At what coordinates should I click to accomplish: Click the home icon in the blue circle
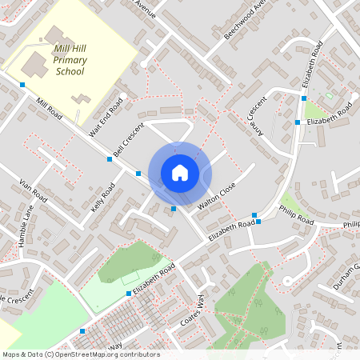click(180, 173)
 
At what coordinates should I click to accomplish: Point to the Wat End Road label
click(106, 117)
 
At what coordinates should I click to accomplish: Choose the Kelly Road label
click(102, 197)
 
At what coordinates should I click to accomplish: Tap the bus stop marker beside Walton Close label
click(174, 210)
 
